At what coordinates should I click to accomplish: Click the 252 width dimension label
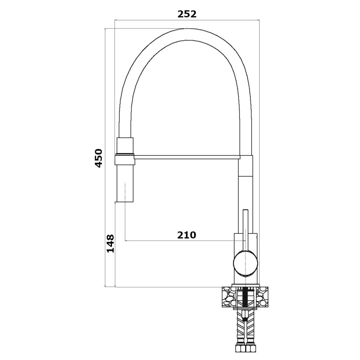(x=187, y=14)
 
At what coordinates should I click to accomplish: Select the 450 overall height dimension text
(x=98, y=158)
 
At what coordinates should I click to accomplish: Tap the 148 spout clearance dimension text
(x=110, y=243)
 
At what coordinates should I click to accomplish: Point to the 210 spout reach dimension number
(x=187, y=235)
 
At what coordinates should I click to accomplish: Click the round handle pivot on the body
(x=246, y=263)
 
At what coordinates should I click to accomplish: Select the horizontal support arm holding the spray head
(x=187, y=157)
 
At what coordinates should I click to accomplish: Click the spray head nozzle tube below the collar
(x=125, y=185)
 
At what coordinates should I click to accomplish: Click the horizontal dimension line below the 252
(x=187, y=19)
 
